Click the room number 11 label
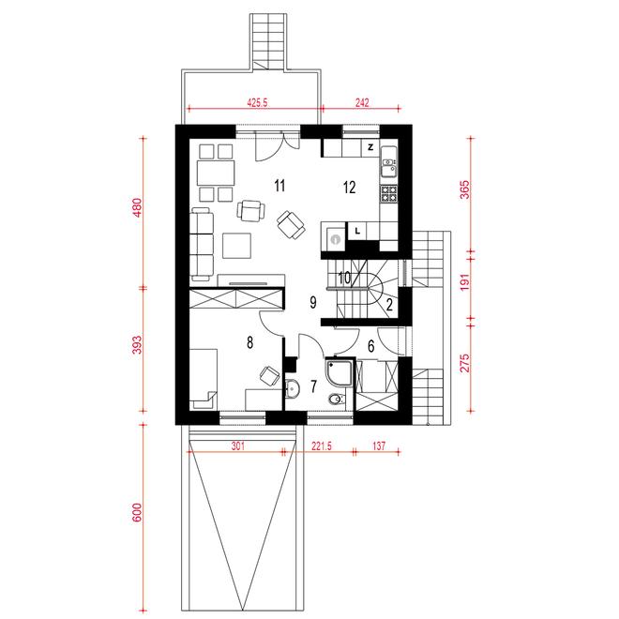pos(279,185)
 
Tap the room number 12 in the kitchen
pos(350,188)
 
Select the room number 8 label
pos(249,342)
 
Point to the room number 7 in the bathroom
pos(313,386)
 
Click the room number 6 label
pos(371,346)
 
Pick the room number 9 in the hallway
pos(313,302)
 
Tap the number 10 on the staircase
pos(344,278)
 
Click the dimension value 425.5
pos(257,103)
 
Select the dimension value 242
pos(362,103)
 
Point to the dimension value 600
pos(137,512)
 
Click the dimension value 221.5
pos(322,446)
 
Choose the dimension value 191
pos(465,282)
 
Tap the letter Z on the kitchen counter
pos(370,147)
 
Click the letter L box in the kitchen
pos(357,231)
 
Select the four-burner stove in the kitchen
pos(388,193)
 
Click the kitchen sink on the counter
pos(388,166)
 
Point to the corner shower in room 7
pos(340,372)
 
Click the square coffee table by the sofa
pos(236,246)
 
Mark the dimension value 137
pos(379,446)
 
